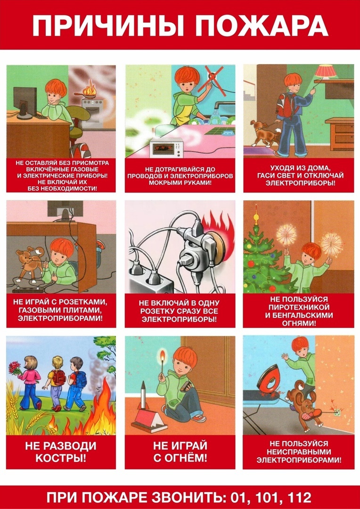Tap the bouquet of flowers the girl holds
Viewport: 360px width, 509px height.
pyautogui.click(x=15, y=368)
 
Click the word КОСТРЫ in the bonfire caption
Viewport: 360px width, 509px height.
pyautogui.click(x=61, y=459)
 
